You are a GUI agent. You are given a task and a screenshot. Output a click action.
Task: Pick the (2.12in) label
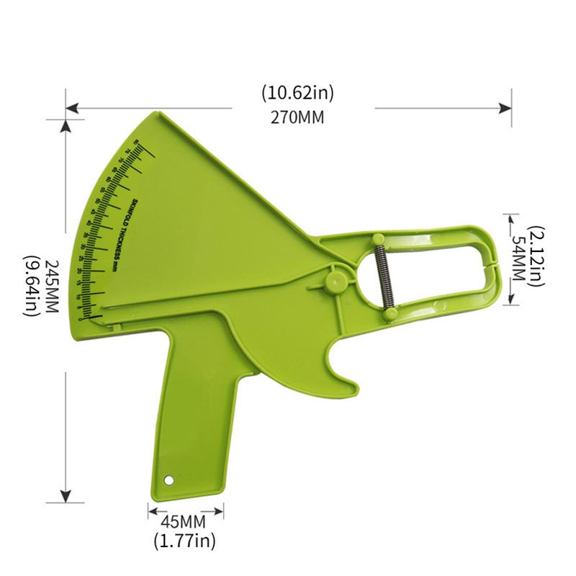coord(537,258)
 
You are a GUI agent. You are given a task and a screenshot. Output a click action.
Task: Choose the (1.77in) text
coord(184,539)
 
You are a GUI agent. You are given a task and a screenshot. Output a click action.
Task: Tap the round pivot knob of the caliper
coord(333,280)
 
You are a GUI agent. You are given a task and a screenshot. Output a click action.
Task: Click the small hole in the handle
coord(169,479)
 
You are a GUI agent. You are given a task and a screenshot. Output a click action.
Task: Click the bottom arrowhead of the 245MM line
coord(66,497)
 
